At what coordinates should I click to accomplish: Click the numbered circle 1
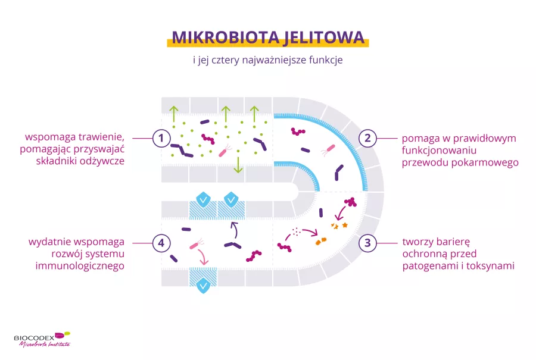(x=160, y=139)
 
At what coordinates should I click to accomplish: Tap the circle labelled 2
(x=367, y=139)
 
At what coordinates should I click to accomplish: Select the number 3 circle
(x=367, y=243)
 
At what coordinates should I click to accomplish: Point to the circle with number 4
(x=160, y=243)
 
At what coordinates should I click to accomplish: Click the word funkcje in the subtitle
(x=325, y=60)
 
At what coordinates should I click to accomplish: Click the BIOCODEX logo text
(x=35, y=337)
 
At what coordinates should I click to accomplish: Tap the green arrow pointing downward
(x=238, y=165)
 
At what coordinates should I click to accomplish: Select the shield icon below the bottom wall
(x=203, y=285)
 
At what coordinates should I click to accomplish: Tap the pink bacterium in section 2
(x=329, y=149)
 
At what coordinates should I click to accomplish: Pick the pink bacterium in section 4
(x=195, y=245)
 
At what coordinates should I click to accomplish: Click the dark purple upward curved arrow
(x=233, y=229)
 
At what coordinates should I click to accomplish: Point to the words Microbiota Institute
(x=45, y=345)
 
